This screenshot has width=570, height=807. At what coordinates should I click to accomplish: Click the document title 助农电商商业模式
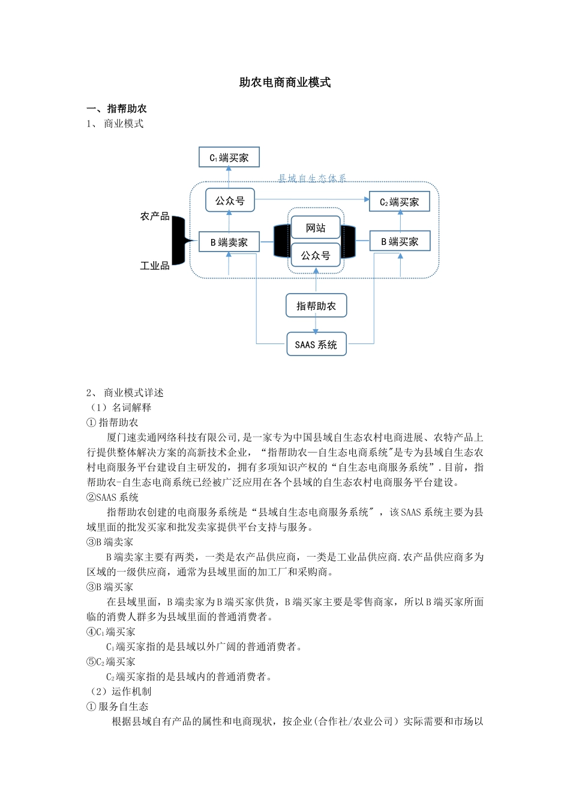(x=285, y=83)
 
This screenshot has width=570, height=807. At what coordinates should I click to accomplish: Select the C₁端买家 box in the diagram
(x=229, y=157)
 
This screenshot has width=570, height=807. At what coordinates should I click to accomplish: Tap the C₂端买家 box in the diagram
(x=399, y=202)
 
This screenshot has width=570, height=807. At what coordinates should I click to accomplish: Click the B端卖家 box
(x=229, y=242)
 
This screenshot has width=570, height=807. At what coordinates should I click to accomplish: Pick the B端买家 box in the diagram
(x=400, y=241)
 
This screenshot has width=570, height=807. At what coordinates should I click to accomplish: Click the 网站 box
(x=316, y=228)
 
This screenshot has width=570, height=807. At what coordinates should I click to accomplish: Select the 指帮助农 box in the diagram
(x=316, y=306)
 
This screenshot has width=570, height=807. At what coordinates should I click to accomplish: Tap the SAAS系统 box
(x=316, y=345)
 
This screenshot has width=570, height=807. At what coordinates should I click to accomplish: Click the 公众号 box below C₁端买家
(x=230, y=201)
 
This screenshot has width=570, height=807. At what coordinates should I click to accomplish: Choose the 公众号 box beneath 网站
(x=316, y=255)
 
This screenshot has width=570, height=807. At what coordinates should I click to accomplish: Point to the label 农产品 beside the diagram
(x=155, y=216)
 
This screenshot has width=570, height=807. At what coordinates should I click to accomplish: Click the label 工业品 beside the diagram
(x=155, y=265)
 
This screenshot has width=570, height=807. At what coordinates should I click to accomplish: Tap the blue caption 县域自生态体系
(x=312, y=178)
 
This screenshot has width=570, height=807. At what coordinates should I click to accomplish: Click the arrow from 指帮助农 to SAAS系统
(x=316, y=325)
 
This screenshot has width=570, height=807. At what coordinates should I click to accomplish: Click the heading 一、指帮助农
(x=117, y=109)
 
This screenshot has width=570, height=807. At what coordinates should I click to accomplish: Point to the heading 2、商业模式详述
(x=125, y=393)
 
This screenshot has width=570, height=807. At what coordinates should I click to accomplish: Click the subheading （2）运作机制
(x=120, y=692)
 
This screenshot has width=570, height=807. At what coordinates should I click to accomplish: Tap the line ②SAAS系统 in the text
(x=113, y=497)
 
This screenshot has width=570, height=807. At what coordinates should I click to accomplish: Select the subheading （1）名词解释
(x=120, y=408)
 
